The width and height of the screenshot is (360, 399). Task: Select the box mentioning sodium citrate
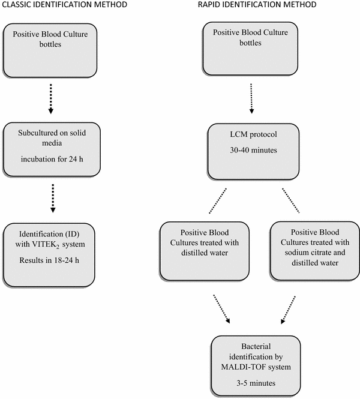click(x=310, y=251)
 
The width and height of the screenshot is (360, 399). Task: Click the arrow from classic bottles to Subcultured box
click(x=52, y=98)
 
